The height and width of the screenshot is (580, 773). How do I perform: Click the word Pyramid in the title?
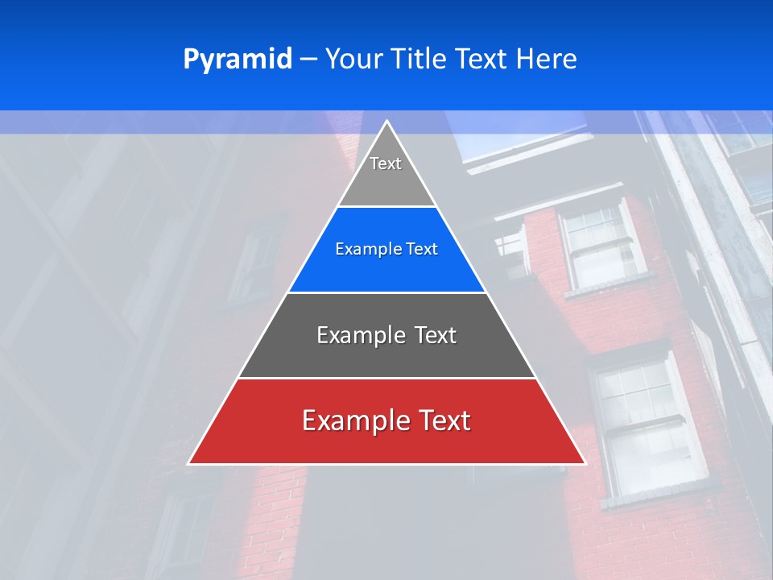(x=238, y=60)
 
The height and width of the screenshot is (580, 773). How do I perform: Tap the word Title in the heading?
(x=422, y=59)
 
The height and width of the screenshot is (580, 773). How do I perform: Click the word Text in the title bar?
(x=484, y=59)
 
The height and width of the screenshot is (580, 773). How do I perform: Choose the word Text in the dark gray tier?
(x=436, y=335)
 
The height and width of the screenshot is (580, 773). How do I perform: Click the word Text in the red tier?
(x=443, y=420)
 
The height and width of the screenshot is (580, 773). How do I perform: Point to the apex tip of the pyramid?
(x=386, y=122)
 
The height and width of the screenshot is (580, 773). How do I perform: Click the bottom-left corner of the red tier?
(x=189, y=463)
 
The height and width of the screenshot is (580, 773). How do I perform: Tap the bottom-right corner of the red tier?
(x=584, y=463)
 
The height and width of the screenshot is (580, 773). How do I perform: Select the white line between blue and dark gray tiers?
(x=386, y=292)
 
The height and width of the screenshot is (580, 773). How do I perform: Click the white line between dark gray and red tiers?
(x=386, y=378)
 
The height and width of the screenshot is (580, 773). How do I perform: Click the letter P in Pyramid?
(x=190, y=60)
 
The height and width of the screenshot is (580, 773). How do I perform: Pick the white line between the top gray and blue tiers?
(x=386, y=206)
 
